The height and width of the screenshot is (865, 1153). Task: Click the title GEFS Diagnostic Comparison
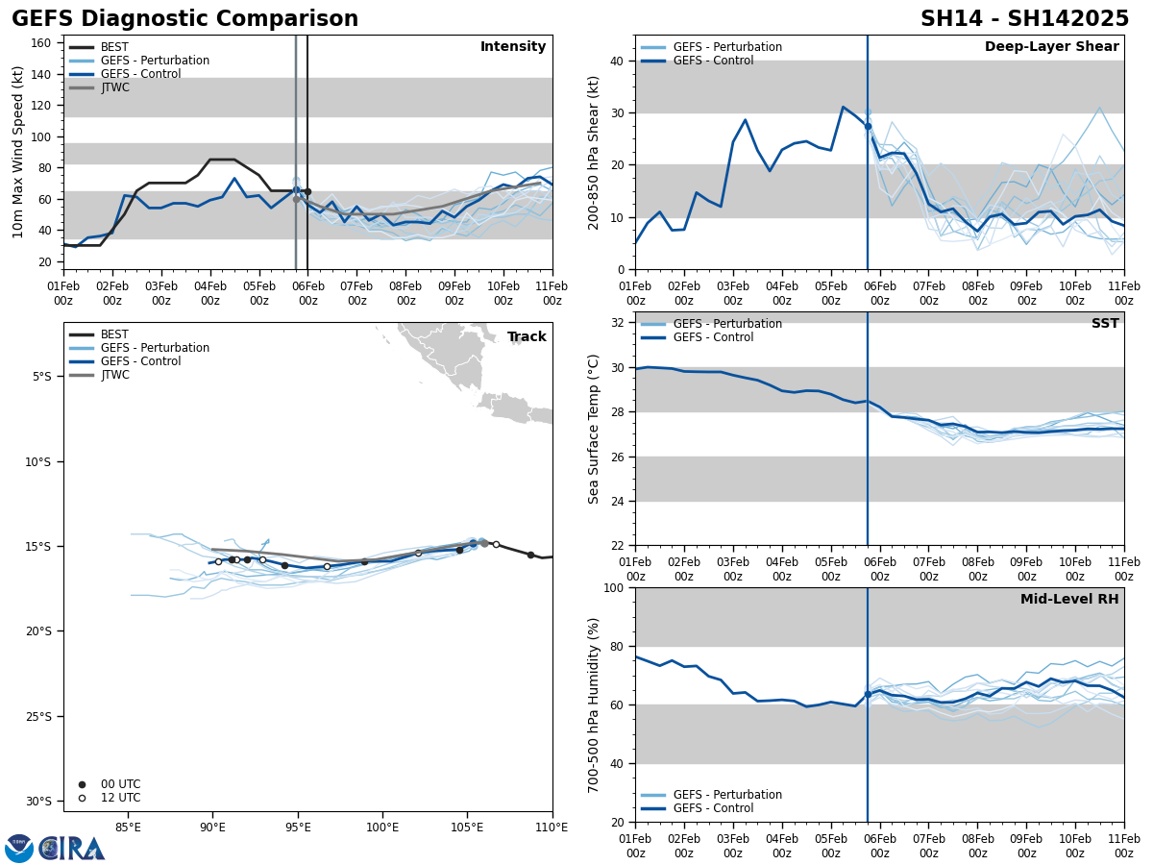pyautogui.click(x=184, y=19)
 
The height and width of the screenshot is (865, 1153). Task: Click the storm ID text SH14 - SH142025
pyautogui.click(x=1024, y=19)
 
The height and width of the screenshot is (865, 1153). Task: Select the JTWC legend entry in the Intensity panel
pyautogui.click(x=114, y=87)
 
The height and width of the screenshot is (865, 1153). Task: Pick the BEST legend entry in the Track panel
pyautogui.click(x=114, y=334)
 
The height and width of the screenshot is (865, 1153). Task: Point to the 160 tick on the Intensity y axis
pyautogui.click(x=41, y=43)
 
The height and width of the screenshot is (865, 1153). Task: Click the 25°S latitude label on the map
pyautogui.click(x=38, y=716)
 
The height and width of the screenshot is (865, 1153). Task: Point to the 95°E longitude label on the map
pyautogui.click(x=298, y=826)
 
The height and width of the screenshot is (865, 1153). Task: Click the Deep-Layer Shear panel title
pyautogui.click(x=1051, y=47)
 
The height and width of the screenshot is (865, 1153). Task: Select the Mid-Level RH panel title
pyautogui.click(x=1068, y=600)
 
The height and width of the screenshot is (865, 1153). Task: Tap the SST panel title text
pyautogui.click(x=1104, y=324)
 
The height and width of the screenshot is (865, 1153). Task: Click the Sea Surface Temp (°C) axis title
pyautogui.click(x=594, y=429)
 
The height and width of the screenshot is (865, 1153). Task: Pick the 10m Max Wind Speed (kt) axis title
pyautogui.click(x=18, y=152)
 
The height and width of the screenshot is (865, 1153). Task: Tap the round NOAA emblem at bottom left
pyautogui.click(x=19, y=849)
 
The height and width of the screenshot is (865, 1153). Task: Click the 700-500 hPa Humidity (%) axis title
pyautogui.click(x=594, y=704)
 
